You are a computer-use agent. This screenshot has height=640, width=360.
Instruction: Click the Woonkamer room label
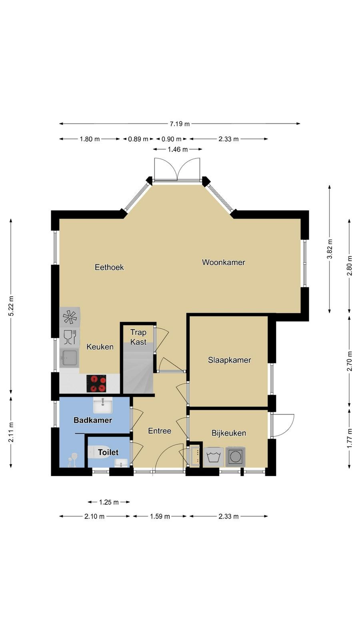[224, 262]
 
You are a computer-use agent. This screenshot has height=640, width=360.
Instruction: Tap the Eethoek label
[110, 268]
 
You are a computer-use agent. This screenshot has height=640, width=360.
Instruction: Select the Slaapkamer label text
[230, 360]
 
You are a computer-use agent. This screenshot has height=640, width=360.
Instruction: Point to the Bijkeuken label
[228, 433]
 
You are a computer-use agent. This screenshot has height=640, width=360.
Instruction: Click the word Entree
[160, 431]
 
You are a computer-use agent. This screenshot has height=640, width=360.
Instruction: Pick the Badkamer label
[92, 420]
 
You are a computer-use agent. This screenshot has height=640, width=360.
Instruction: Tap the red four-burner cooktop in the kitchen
[96, 384]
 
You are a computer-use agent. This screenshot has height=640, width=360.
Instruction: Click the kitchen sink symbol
[69, 358]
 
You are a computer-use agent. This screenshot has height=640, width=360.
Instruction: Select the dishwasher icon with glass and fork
[70, 337]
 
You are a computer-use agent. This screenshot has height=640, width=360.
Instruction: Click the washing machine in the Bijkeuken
[214, 456]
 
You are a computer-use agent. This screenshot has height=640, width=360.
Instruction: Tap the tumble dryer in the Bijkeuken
[235, 456]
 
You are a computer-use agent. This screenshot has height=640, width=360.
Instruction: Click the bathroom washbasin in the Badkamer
[103, 405]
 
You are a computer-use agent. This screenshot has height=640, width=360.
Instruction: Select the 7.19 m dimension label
[180, 124]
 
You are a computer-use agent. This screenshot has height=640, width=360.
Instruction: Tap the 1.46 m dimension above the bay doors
[178, 149]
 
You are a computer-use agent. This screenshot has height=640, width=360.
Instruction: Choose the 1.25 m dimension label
[109, 502]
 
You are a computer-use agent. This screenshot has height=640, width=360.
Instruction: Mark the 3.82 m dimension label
[330, 248]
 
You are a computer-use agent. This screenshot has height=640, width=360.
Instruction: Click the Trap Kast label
[138, 337]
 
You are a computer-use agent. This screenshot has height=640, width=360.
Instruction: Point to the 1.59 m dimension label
[160, 516]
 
